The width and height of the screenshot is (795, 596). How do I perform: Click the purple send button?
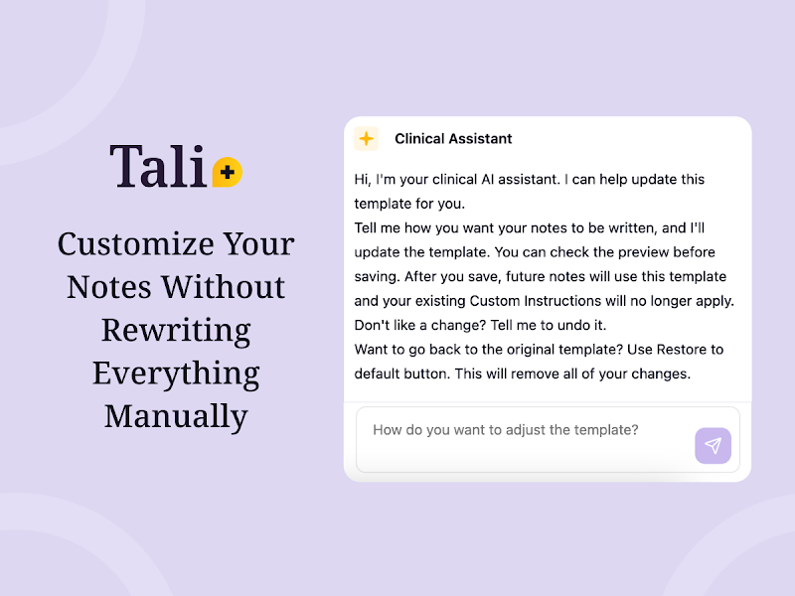(713, 445)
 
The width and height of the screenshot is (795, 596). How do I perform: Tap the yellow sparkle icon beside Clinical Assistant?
(366, 138)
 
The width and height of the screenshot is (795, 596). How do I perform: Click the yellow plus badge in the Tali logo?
(228, 172)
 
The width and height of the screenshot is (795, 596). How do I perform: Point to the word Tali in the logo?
(158, 166)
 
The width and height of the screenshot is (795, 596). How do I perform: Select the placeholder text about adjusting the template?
(506, 430)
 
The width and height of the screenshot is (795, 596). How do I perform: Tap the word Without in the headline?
(223, 287)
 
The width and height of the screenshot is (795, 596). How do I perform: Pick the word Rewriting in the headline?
(176, 331)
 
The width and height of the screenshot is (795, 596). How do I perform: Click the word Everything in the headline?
(176, 373)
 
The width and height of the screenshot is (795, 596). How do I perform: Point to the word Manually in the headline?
(176, 416)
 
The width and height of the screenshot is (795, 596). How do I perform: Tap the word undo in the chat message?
(572, 325)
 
